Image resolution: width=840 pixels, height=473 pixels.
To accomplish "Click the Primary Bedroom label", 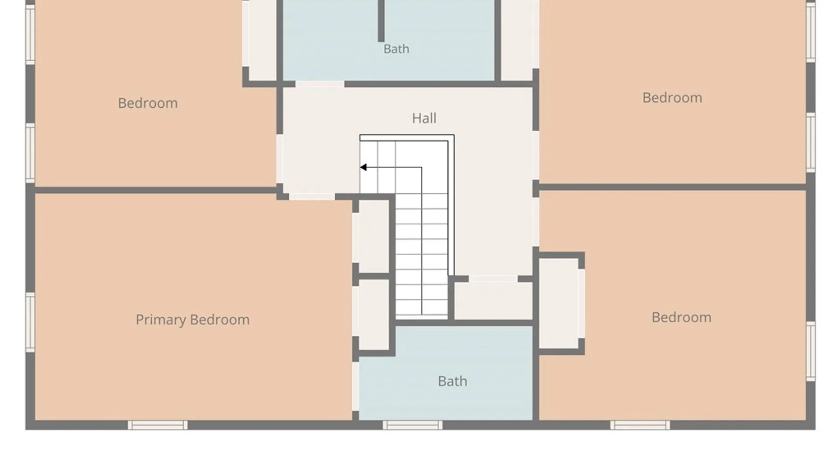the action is tap(192, 320).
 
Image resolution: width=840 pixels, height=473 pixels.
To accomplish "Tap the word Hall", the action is tap(424, 118).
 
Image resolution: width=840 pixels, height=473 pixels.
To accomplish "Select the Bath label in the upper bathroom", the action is tap(396, 49).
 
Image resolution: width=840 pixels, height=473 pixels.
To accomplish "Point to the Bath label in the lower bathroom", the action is tap(452, 381).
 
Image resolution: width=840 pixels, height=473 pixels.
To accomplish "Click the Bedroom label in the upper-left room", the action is tap(148, 103).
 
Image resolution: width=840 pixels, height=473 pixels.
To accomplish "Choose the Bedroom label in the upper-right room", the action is tap(672, 97).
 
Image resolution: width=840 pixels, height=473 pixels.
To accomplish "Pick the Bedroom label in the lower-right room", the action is tap(681, 317).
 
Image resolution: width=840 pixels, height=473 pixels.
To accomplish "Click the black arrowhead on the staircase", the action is tap(363, 167).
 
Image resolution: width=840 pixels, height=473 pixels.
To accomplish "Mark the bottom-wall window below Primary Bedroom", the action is tap(157, 425).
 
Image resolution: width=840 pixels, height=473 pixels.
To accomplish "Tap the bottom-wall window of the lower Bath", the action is tap(413, 425).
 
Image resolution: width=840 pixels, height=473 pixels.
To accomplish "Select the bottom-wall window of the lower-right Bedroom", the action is tap(640, 425).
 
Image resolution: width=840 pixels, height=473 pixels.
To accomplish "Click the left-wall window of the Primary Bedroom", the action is tap(30, 322).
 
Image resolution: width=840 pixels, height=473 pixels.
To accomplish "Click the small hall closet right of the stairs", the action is tap(493, 300).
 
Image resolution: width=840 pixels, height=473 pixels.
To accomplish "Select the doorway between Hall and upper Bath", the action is tap(320, 84).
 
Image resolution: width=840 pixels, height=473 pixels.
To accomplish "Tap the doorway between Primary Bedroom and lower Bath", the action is tap(356, 386).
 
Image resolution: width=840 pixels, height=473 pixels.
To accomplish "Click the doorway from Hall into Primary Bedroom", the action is tap(312, 197).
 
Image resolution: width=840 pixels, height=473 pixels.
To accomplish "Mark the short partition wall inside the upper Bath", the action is tap(381, 21).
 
